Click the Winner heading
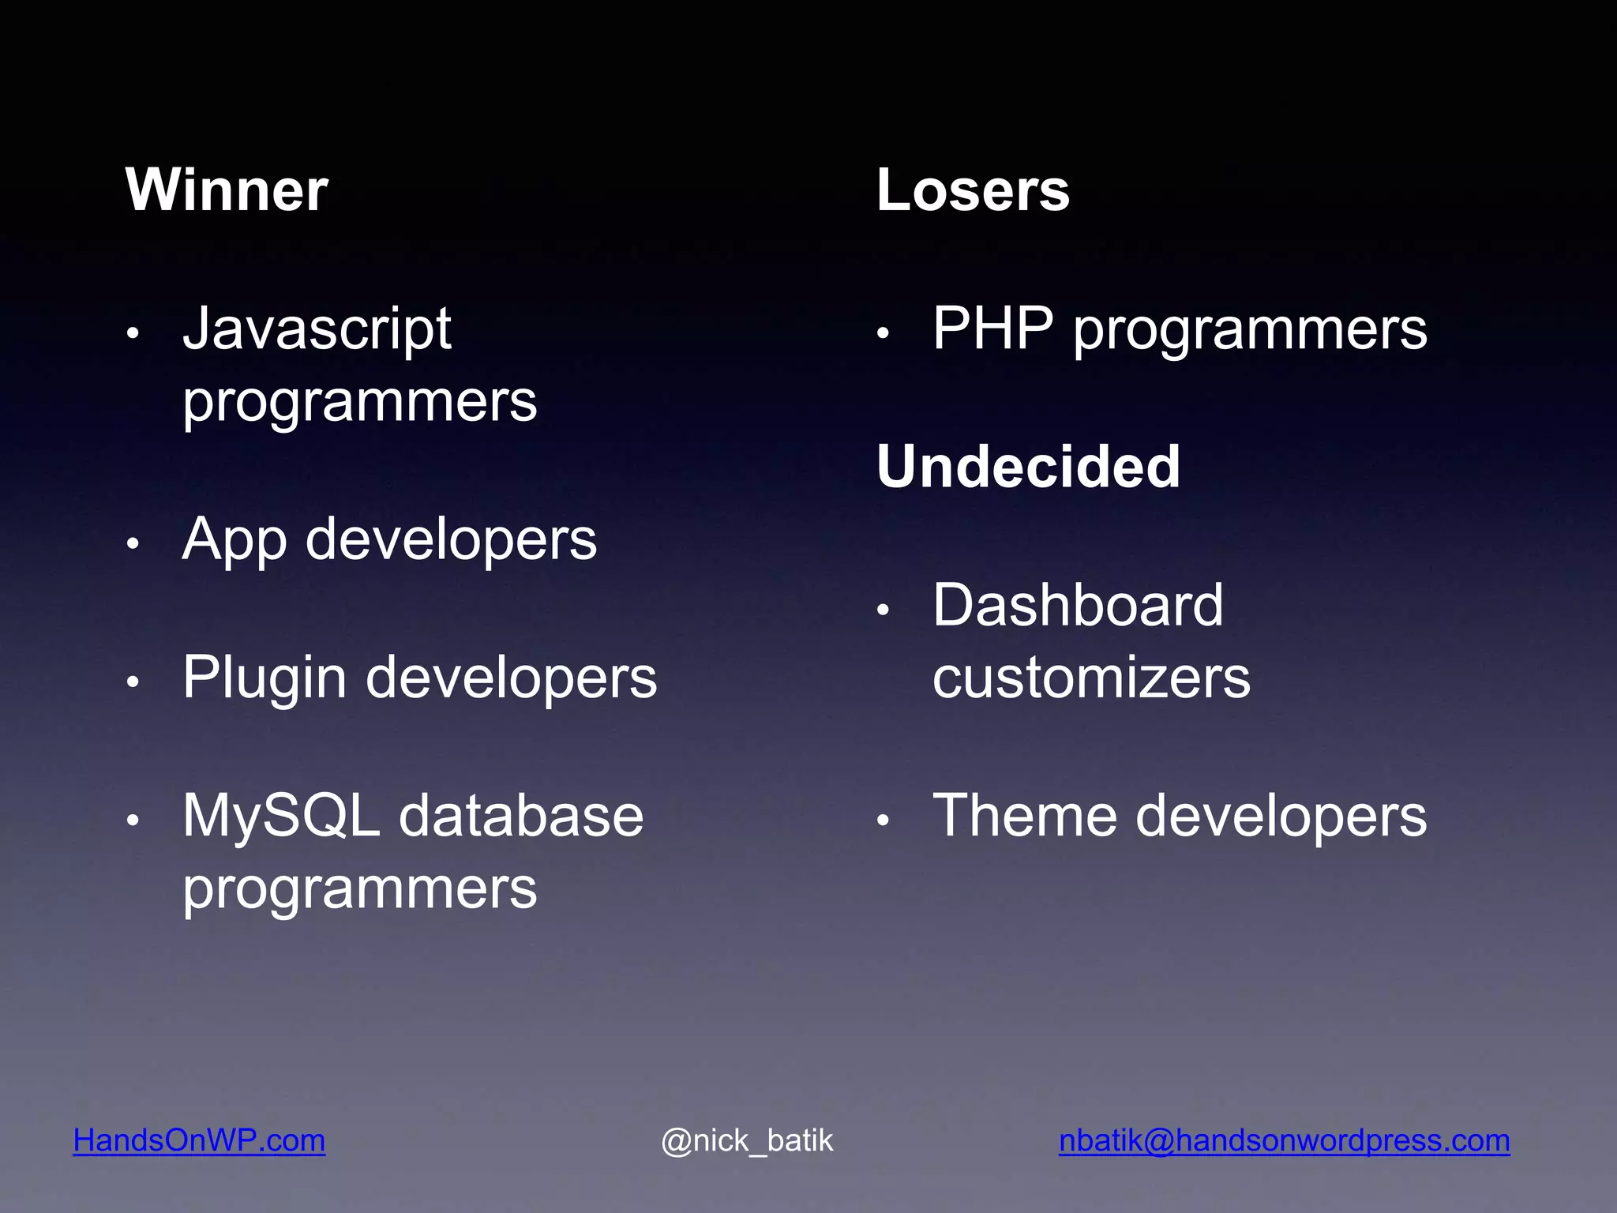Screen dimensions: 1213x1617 tap(226, 190)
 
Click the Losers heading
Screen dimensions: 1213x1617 tap(973, 190)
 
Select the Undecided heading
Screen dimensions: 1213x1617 tap(1028, 467)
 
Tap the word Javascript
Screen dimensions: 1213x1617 tap(317, 329)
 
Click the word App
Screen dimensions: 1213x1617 tap(234, 541)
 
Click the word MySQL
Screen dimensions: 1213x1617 tap(281, 816)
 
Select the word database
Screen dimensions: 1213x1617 tap(521, 816)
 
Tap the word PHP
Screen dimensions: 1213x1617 tap(992, 329)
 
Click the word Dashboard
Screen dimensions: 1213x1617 tap(1078, 606)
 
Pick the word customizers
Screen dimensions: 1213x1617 tap(1091, 678)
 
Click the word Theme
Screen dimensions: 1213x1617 tap(1024, 816)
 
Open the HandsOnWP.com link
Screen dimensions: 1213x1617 tap(199, 1140)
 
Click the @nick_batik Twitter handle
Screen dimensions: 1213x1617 tap(747, 1140)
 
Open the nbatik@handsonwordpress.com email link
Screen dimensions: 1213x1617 tap(1284, 1140)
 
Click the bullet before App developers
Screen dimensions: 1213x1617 tap(133, 543)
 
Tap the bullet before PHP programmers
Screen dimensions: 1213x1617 tap(884, 333)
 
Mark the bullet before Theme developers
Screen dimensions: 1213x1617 tap(884, 821)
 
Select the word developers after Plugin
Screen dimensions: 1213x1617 tap(511, 678)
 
